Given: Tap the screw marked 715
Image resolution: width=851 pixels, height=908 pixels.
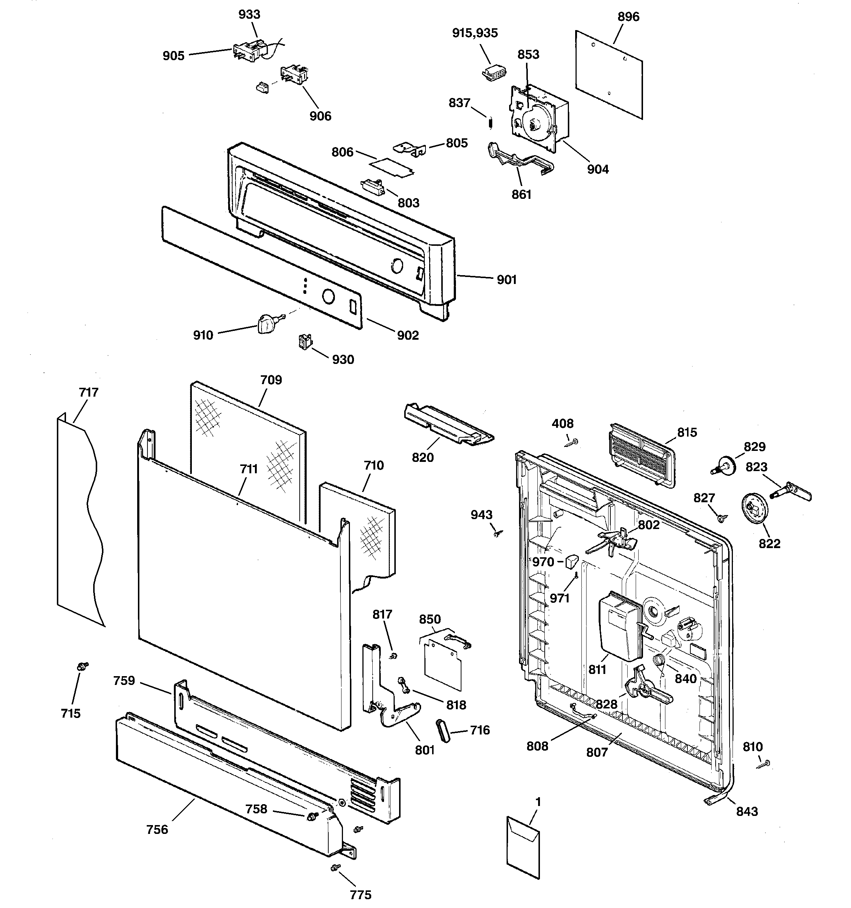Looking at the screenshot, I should [83, 667].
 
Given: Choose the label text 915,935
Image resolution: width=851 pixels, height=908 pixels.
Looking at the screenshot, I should [475, 33].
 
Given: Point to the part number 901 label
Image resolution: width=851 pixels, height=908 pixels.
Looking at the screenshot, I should [506, 280].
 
